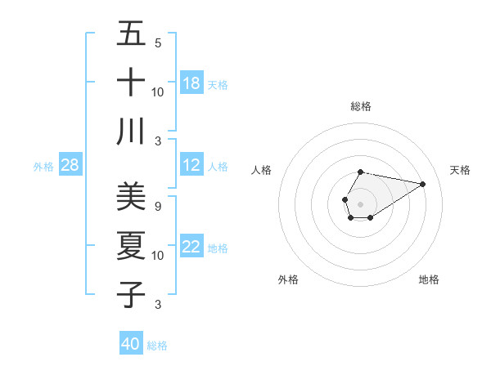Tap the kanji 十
pyautogui.click(x=131, y=83)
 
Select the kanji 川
pyautogui.click(x=131, y=132)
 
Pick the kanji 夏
pyautogui.click(x=131, y=246)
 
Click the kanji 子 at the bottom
pyautogui.click(x=131, y=295)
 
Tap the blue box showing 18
pyautogui.click(x=191, y=83)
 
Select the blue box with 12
pyautogui.click(x=191, y=165)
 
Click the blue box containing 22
pyautogui.click(x=191, y=247)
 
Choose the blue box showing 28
pyautogui.click(x=70, y=165)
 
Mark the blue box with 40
pyautogui.click(x=131, y=344)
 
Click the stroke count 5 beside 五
pyautogui.click(x=158, y=43)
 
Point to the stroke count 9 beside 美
pyautogui.click(x=158, y=207)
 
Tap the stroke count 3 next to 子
pyautogui.click(x=158, y=305)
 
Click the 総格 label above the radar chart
pyautogui.click(x=361, y=106)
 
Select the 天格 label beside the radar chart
pyautogui.click(x=460, y=170)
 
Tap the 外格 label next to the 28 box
pyautogui.click(x=43, y=167)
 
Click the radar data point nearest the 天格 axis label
pyautogui.click(x=422, y=184)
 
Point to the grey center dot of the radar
pyautogui.click(x=360, y=203)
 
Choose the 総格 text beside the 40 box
pyautogui.click(x=157, y=346)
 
